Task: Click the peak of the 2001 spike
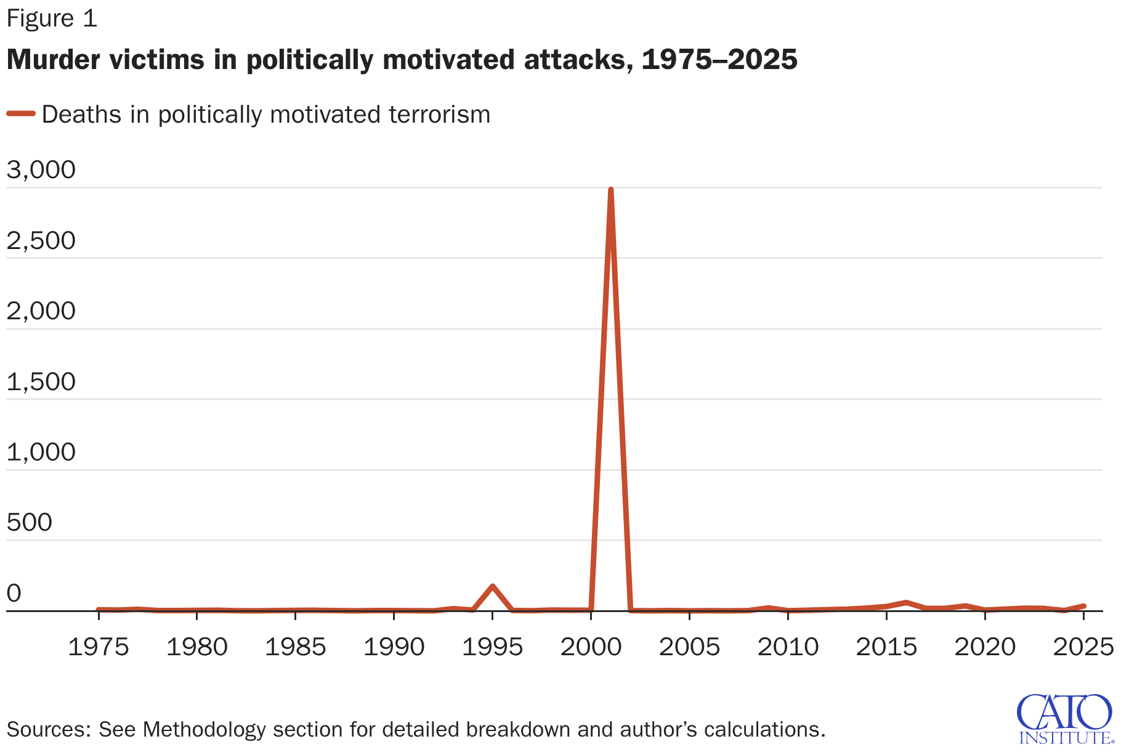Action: click(x=610, y=190)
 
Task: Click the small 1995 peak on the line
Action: click(x=492, y=586)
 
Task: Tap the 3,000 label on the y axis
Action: click(x=41, y=170)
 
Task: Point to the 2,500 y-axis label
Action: click(x=41, y=240)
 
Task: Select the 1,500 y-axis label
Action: click(x=41, y=382)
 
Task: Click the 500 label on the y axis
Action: click(x=29, y=522)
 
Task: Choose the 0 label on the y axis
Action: click(x=14, y=593)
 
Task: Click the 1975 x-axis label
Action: click(x=98, y=647)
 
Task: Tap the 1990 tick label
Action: click(x=394, y=647)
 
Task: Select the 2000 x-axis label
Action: click(x=591, y=647)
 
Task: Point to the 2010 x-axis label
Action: click(x=788, y=647)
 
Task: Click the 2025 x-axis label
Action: click(x=1083, y=647)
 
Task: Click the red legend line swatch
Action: click(x=21, y=113)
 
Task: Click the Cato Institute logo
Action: click(x=1065, y=719)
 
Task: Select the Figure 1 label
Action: click(x=52, y=18)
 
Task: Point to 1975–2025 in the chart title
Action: click(x=719, y=60)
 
